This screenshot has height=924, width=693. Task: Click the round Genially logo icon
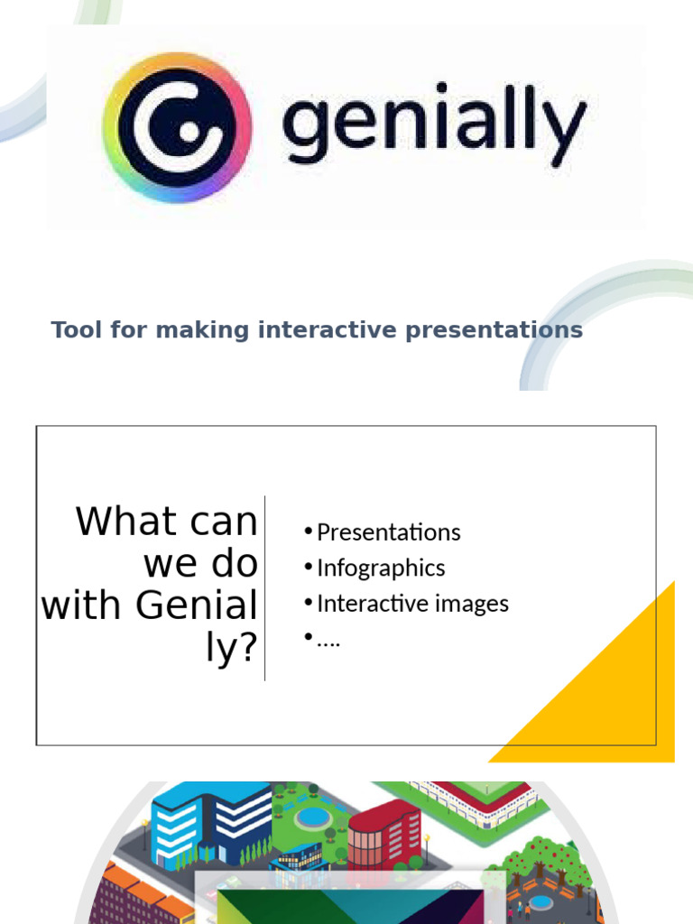point(177,127)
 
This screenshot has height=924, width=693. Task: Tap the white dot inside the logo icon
point(189,133)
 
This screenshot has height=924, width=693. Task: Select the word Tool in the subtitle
point(77,330)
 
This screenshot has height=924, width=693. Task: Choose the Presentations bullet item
point(388,532)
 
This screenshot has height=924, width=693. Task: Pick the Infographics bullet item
point(381,568)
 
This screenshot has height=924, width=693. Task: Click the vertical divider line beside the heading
point(264,587)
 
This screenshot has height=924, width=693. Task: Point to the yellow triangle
point(614,695)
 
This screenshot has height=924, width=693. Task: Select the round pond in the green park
point(312,818)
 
